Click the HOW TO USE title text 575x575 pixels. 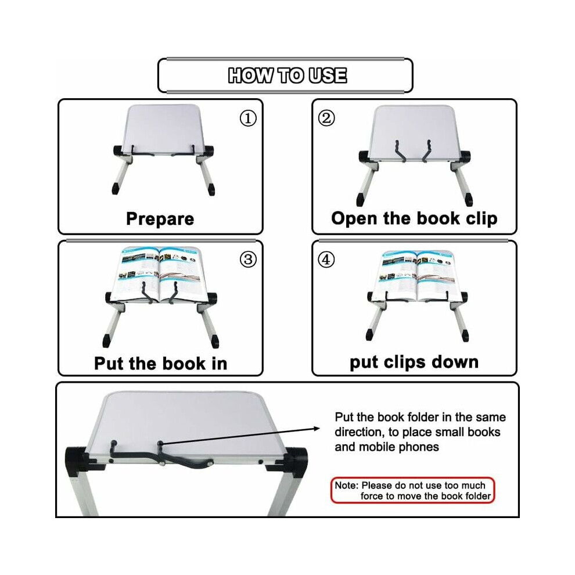click(x=287, y=75)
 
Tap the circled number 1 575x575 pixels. click(x=248, y=118)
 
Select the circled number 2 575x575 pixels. click(x=326, y=118)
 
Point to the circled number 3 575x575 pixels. click(x=248, y=260)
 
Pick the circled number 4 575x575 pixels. click(x=326, y=260)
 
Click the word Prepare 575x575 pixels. click(x=160, y=219)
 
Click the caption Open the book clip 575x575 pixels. click(x=414, y=218)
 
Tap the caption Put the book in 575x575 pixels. click(x=161, y=364)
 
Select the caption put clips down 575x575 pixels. click(x=414, y=362)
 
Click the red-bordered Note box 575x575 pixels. click(x=412, y=490)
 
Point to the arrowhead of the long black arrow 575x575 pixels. click(x=317, y=428)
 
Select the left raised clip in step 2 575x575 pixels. click(x=400, y=150)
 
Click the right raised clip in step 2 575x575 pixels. click(x=426, y=150)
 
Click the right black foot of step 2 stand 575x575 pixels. click(x=468, y=199)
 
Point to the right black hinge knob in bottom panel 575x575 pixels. click(x=297, y=461)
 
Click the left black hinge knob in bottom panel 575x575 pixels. click(x=77, y=461)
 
